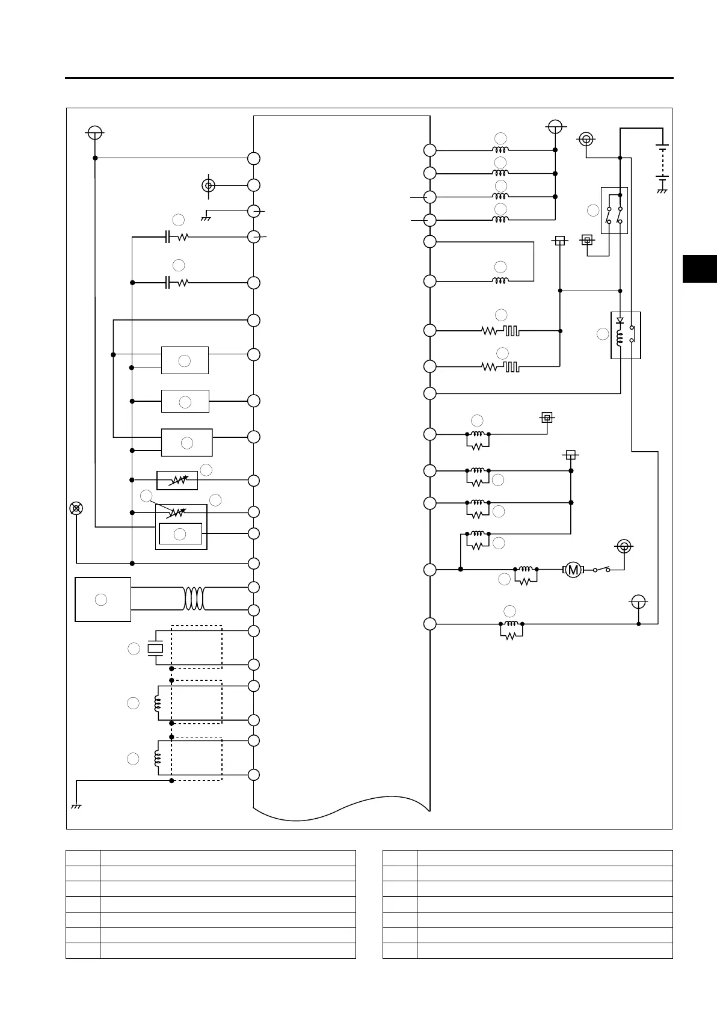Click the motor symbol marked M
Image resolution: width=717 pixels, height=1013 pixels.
(573, 569)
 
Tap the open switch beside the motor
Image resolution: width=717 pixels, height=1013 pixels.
(602, 569)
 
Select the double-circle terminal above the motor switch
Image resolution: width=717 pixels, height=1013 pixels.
(624, 546)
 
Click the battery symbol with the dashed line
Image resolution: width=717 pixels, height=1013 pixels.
(662, 162)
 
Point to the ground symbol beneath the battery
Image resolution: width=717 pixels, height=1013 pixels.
(662, 191)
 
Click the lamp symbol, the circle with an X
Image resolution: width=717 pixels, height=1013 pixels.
(76, 508)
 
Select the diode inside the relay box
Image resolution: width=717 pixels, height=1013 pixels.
(620, 321)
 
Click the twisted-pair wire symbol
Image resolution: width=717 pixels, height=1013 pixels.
(194, 599)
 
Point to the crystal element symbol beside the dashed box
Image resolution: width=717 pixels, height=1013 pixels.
(156, 648)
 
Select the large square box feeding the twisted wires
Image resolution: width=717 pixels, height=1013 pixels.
(103, 599)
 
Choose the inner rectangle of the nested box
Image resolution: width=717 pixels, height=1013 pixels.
(180, 534)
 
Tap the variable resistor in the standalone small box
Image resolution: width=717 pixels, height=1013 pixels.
(177, 481)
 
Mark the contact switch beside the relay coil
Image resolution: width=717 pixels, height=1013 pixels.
(631, 334)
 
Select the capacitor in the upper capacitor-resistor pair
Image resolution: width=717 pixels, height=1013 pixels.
(168, 237)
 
